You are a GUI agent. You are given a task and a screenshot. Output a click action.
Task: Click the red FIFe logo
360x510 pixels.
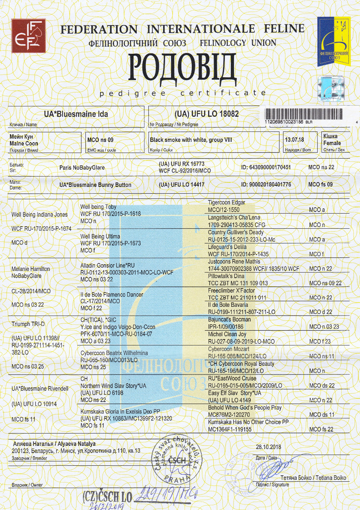[x=28, y=36]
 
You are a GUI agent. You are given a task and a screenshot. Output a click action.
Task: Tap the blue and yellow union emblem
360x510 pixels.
[x=333, y=41]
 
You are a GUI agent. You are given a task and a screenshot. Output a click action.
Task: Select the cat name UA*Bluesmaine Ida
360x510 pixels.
[x=76, y=114]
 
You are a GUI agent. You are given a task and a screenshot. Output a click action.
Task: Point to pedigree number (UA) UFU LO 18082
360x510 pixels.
[x=207, y=114]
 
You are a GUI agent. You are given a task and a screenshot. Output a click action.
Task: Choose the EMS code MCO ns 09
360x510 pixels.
[x=100, y=140]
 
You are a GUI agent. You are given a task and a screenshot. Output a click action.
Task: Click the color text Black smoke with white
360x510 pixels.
[x=191, y=140]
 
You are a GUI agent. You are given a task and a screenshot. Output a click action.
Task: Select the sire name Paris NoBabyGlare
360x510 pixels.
[x=82, y=168]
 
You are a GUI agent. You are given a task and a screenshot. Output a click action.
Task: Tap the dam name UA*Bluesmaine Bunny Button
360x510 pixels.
[x=95, y=185]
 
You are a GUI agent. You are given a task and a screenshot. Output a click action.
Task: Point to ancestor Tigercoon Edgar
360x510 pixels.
[x=226, y=203]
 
